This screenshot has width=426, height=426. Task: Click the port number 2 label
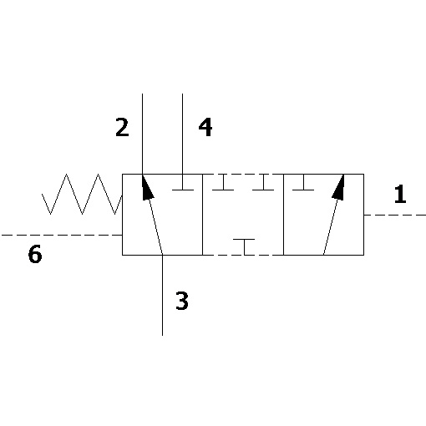tap(122, 127)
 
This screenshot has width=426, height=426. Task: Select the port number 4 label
tap(205, 127)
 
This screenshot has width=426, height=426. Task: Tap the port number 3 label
tap(182, 301)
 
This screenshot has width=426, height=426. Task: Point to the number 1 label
tap(400, 194)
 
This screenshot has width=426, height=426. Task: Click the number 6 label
tap(35, 254)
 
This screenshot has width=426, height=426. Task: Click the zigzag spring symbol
tap(82, 194)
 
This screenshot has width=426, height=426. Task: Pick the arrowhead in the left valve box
tap(147, 187)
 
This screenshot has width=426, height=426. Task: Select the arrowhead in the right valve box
tap(338, 187)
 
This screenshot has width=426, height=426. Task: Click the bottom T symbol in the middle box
tap(244, 247)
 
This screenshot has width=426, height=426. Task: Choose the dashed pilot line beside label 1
tap(395, 215)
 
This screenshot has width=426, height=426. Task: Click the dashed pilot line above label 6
tap(62, 235)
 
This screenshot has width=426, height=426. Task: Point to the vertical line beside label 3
tap(162, 295)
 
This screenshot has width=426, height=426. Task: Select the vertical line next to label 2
tap(142, 134)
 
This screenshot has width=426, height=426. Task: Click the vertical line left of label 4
tap(182, 134)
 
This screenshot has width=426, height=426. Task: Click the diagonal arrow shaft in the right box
tap(331, 227)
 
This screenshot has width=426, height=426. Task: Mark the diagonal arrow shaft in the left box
tap(155, 227)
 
